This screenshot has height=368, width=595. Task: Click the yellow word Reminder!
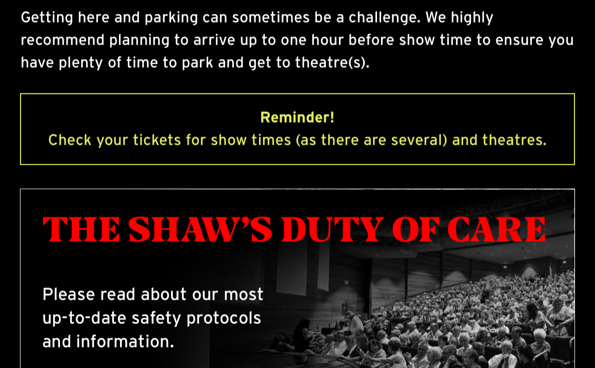tap(298, 118)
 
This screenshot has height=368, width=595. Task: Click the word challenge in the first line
tap(384, 18)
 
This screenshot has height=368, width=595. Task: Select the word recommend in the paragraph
tap(63, 40)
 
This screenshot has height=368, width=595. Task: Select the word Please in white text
tap(69, 295)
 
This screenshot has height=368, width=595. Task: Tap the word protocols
tap(224, 318)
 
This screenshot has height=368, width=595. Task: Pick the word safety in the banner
tap(156, 318)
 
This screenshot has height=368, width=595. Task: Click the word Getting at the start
tap(47, 18)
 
